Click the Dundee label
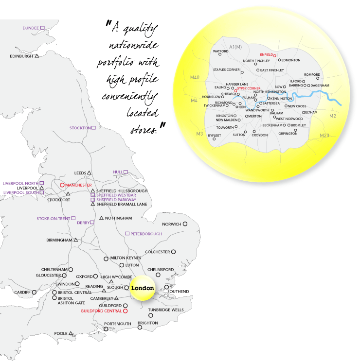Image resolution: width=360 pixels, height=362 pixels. point(31,28)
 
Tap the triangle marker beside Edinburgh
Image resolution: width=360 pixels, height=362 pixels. point(37,56)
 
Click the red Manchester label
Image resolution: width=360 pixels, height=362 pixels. point(78,185)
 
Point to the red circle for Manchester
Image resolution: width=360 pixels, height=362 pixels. point(62,185)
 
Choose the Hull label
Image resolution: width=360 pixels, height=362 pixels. point(117,172)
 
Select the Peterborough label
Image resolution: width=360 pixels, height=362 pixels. point(146,234)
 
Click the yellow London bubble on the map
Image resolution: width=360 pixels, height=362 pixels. point(142,288)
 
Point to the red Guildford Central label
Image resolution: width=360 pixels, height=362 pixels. point(101,310)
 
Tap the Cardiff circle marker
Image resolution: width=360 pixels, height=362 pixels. point(34,292)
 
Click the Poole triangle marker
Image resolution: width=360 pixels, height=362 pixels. point(71,333)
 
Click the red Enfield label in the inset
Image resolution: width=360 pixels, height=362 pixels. point(267,55)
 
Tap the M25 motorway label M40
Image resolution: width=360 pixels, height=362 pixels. point(195,77)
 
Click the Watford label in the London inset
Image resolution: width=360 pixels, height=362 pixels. point(221,51)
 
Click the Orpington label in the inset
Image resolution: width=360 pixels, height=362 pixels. point(288,133)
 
